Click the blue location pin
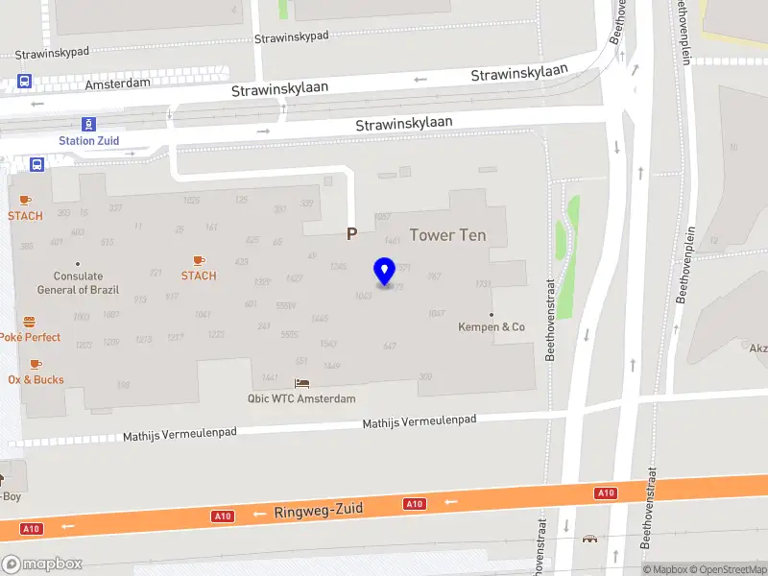point(385,272)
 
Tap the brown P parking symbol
point(351,233)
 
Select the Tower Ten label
point(447,235)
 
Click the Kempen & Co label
point(492,326)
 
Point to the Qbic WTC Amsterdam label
point(301,398)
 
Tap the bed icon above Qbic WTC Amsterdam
point(301,383)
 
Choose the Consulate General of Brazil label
point(77,282)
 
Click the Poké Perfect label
point(30,337)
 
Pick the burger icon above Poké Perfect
point(30,322)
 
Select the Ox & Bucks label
point(36,379)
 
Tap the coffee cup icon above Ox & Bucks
point(36,364)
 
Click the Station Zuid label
point(89,140)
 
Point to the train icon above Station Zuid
point(89,124)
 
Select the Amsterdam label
point(117,84)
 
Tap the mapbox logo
point(42,564)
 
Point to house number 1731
point(483,284)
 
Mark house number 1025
point(191,201)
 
